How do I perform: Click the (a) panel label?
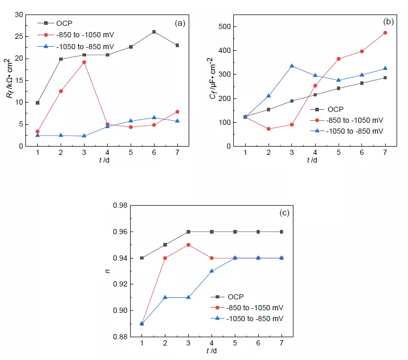click(180, 23)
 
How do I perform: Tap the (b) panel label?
click(388, 22)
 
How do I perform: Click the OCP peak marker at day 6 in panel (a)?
click(154, 32)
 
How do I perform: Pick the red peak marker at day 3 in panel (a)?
click(84, 62)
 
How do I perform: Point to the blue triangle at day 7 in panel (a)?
click(177, 121)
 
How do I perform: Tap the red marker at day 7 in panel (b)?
click(385, 33)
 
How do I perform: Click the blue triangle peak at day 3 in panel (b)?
click(292, 66)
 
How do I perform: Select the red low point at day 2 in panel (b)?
click(269, 128)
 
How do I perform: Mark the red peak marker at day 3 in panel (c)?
click(188, 244)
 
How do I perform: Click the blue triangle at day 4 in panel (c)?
click(212, 271)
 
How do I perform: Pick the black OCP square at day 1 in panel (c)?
click(142, 258)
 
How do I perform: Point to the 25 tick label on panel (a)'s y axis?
click(19, 36)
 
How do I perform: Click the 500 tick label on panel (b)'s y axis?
click(224, 26)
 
